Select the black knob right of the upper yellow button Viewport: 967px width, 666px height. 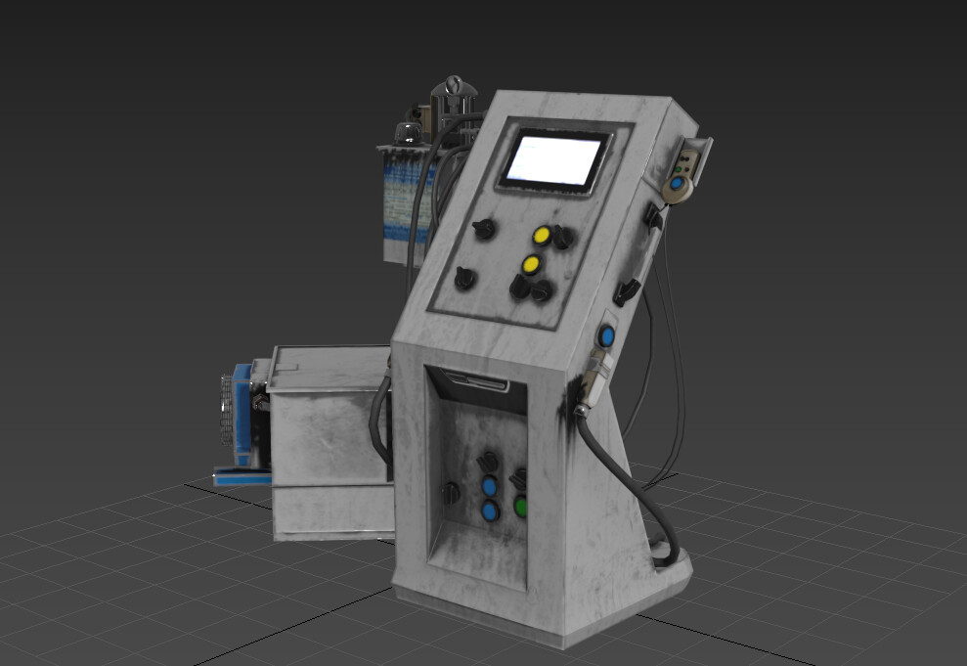pos(562,237)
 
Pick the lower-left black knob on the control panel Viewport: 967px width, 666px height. pos(465,279)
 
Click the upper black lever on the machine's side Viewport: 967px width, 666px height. pos(653,216)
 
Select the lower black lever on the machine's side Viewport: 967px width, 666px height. pos(627,290)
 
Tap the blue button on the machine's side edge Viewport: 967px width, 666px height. pos(607,336)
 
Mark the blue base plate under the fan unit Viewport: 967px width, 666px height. pos(241,477)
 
